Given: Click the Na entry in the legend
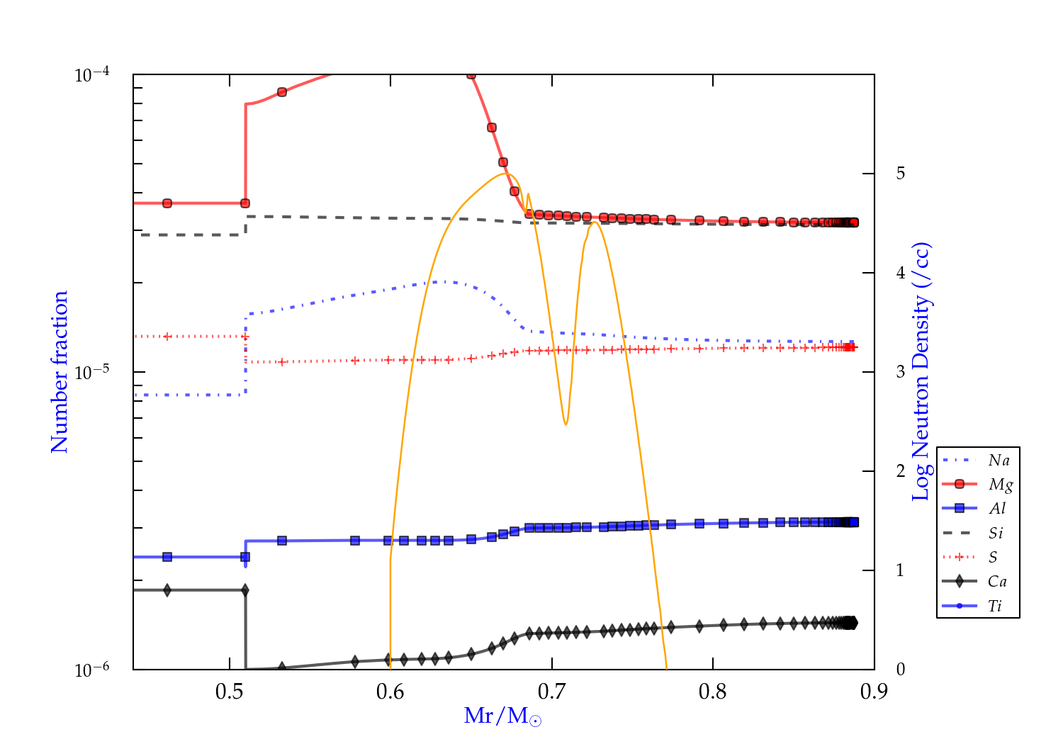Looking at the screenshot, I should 999,461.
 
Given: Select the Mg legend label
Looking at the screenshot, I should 1001,485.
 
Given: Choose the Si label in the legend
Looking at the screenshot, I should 996,533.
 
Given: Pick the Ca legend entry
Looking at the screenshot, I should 997,582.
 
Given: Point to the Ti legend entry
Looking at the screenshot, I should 995,606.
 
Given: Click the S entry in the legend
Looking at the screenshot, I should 993,558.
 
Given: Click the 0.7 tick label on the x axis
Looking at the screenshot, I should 552,692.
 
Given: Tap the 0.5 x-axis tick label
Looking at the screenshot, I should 230,692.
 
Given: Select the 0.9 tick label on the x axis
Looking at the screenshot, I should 874,692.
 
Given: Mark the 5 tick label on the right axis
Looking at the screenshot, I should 900,174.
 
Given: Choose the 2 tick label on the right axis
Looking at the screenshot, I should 900,471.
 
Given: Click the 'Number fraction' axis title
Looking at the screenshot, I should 60,372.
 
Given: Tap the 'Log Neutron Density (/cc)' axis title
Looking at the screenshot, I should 921,372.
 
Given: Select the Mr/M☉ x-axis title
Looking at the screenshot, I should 502,716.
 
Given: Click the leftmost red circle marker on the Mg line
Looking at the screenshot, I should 167,203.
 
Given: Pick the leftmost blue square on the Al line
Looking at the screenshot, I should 167,557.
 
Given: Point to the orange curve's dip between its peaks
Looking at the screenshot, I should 566,424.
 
